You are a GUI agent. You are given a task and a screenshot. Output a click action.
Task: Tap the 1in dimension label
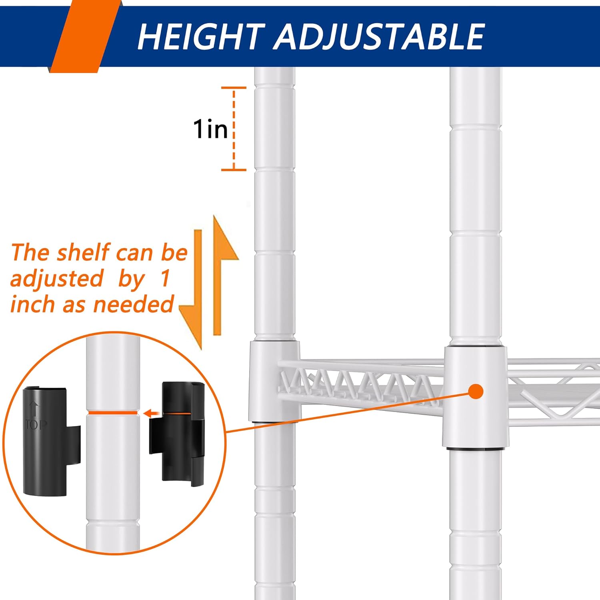tap(210, 129)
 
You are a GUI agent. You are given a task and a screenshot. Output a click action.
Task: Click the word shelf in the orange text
tap(83, 252)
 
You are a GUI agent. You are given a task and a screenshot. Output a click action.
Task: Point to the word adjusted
tap(56, 279)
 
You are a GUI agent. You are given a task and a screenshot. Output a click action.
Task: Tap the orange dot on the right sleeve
tap(476, 392)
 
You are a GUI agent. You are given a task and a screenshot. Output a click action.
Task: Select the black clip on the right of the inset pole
tap(177, 434)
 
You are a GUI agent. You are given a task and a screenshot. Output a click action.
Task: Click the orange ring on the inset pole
tap(113, 412)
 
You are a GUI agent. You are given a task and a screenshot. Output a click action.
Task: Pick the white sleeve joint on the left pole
tap(274, 381)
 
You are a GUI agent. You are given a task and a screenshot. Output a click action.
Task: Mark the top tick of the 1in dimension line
tap(234, 87)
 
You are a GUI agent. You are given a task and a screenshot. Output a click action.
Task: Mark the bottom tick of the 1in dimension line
tap(234, 170)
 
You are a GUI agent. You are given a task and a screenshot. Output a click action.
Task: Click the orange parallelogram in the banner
tap(85, 36)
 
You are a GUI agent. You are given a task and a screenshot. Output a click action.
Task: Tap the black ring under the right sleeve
tap(475, 449)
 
